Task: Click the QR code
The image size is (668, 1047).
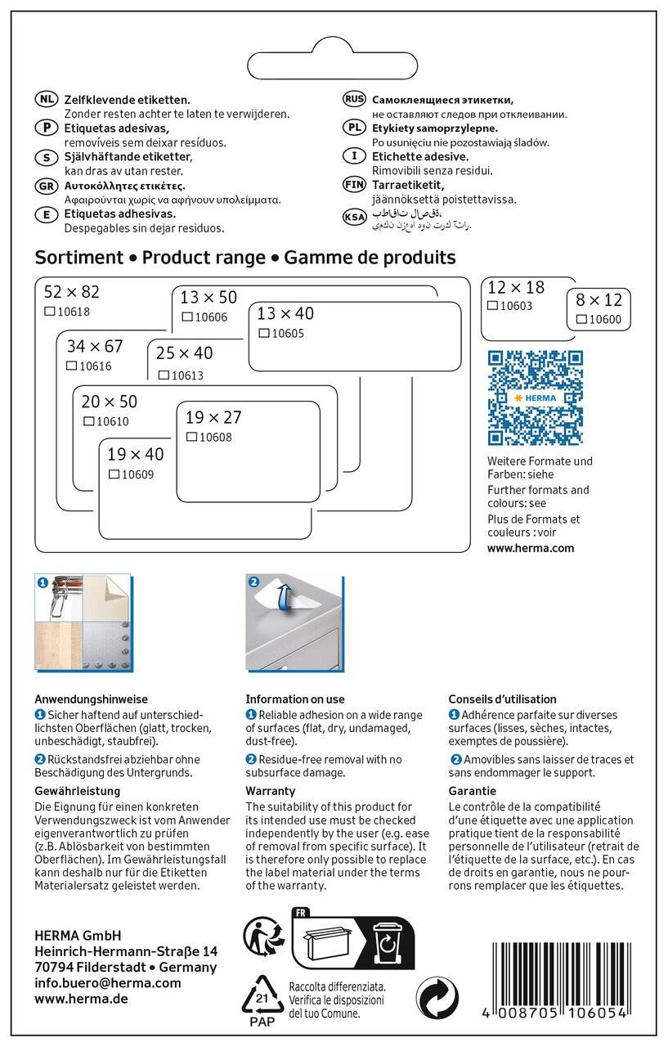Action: tap(535, 398)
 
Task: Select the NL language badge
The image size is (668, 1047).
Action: tap(47, 99)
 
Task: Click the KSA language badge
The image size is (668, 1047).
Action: tap(354, 218)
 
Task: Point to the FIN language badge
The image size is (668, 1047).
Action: tap(354, 185)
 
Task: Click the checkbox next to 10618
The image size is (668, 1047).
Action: tap(49, 312)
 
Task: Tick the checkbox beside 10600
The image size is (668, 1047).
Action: tap(581, 319)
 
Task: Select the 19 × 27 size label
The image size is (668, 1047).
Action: tap(214, 417)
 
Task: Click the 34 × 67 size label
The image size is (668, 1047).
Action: tap(95, 347)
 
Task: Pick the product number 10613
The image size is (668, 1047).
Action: tap(186, 375)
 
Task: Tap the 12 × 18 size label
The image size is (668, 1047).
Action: tap(515, 287)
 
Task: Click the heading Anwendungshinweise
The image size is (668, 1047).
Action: tap(91, 699)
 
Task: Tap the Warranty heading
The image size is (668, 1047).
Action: tap(271, 791)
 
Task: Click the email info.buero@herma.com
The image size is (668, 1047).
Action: tap(108, 983)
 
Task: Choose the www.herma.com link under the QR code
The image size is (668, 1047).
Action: tap(531, 549)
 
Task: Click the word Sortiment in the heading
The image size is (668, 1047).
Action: tap(78, 258)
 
